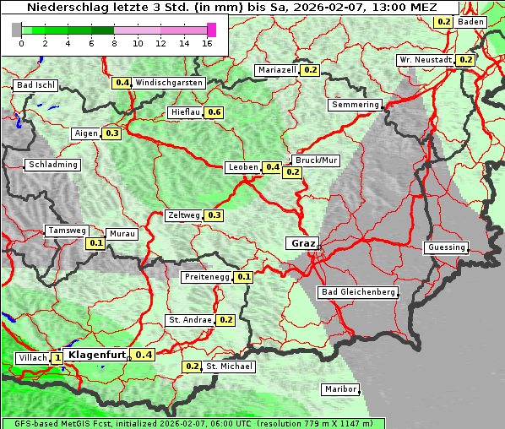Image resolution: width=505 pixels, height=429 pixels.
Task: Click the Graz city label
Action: [x=302, y=243]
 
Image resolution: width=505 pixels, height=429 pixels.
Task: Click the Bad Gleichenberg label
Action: [x=357, y=292]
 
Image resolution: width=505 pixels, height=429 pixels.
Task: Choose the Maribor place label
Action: [x=340, y=389]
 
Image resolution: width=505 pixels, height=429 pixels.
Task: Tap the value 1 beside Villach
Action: [x=57, y=358]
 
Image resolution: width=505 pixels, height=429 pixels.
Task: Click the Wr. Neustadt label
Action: [x=425, y=60]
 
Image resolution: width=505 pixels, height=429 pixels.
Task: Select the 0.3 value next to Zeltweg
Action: [x=214, y=215]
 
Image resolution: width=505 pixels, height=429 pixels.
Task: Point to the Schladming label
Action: [x=53, y=165]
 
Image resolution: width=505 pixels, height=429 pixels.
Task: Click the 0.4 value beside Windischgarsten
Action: [x=122, y=83]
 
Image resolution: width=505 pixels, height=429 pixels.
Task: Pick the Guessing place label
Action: [x=445, y=247]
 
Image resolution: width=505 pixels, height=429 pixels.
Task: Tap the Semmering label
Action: [x=356, y=105]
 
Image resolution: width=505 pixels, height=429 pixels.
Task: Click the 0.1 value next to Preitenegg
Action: [x=243, y=276]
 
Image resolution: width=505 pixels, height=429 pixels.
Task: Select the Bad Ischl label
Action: [x=35, y=85]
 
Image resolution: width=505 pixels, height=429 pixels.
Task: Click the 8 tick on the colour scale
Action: [x=113, y=42]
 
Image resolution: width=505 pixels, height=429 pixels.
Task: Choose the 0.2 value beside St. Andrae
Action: [x=225, y=320]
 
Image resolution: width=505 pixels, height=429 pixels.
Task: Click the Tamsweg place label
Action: [x=66, y=231]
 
